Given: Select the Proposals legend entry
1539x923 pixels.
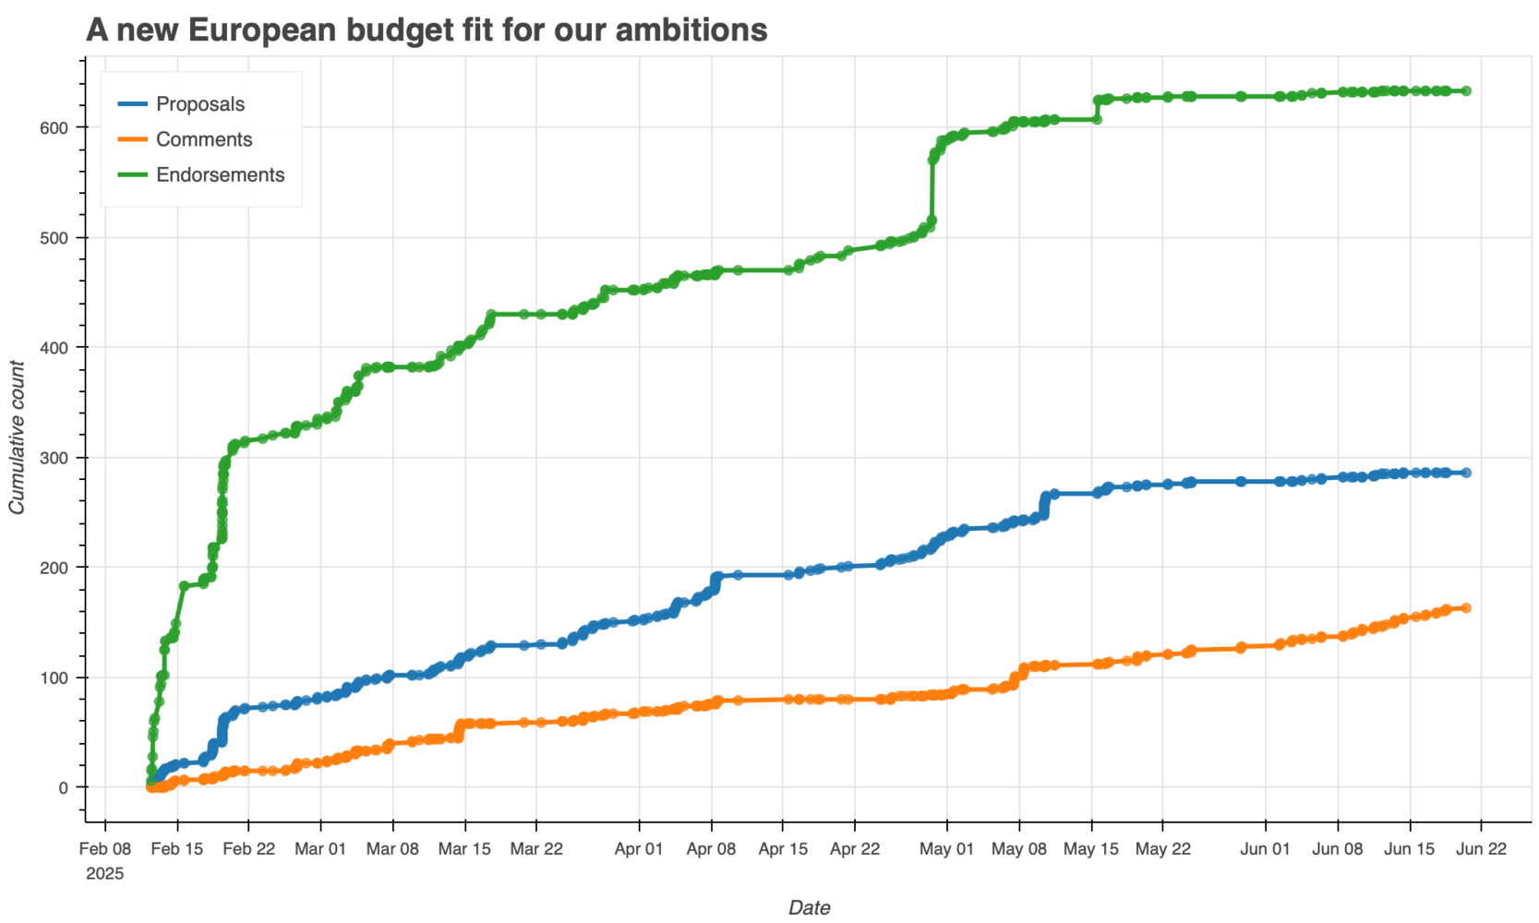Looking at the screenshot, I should (x=199, y=104).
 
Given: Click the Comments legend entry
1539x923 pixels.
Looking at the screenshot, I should (x=203, y=139).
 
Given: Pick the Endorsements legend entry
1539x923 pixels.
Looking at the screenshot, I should (x=220, y=174).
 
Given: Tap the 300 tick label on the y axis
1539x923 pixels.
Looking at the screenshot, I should (x=55, y=458).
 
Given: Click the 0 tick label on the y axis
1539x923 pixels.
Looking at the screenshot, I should (x=63, y=787).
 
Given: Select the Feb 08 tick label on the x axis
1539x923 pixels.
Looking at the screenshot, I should (x=104, y=849).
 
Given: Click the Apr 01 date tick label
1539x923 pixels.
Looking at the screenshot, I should (x=639, y=849).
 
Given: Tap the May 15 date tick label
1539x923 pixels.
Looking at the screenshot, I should (x=1090, y=849).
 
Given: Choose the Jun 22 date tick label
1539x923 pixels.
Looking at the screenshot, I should (x=1481, y=849).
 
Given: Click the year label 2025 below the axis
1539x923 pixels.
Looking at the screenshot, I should (x=104, y=874).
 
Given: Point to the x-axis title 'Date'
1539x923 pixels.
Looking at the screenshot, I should (x=809, y=907).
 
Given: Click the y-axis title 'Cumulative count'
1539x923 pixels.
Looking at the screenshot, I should (x=17, y=438).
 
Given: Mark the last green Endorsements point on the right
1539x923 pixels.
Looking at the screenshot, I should (x=1466, y=91).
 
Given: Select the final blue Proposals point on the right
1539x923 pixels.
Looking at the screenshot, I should (x=1466, y=473).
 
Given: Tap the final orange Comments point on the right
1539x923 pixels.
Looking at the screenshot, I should (x=1466, y=608).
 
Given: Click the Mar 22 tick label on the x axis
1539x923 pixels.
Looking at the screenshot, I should (x=536, y=849).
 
